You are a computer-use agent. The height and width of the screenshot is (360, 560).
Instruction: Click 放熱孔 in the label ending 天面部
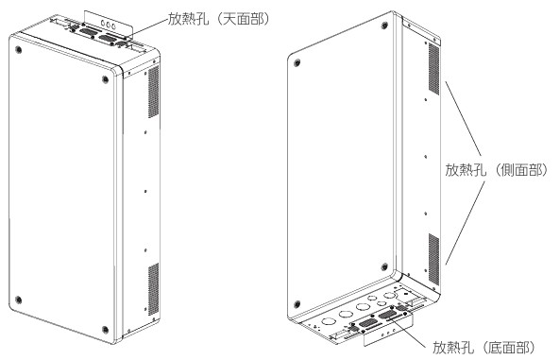pos(188,19)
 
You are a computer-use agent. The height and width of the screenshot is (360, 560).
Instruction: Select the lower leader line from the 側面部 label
pos(465,223)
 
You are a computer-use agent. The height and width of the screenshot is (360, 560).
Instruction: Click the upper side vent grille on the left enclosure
pos(154,92)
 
